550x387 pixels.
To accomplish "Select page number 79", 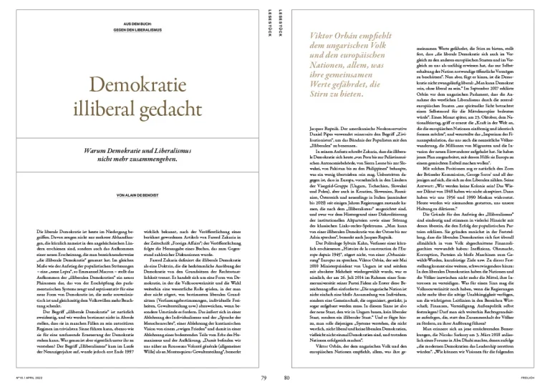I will click(x=264, y=376).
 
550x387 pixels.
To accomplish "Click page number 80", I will click(x=286, y=376).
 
